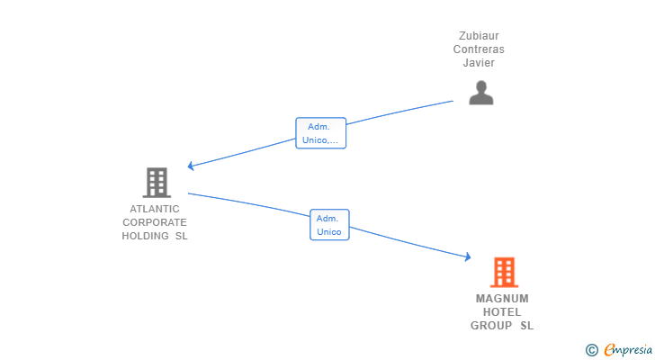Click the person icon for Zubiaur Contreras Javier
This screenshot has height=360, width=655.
click(x=481, y=93)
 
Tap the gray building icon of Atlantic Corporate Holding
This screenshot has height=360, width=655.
click(x=157, y=183)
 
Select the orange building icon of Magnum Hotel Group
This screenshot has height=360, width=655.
click(x=504, y=273)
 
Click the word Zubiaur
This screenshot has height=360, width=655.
click(x=479, y=36)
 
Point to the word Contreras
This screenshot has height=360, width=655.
click(x=479, y=49)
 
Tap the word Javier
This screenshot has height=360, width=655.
click(x=479, y=63)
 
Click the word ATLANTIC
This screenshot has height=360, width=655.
click(x=155, y=209)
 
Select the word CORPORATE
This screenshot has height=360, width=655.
click(x=155, y=222)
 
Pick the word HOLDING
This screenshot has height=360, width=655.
click(x=145, y=236)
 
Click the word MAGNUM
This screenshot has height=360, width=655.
click(x=502, y=299)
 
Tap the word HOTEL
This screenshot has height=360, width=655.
click(x=502, y=312)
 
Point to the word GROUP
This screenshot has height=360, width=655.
click(x=491, y=325)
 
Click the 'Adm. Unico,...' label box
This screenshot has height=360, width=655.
click(x=321, y=133)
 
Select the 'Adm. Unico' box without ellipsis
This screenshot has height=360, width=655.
click(x=329, y=225)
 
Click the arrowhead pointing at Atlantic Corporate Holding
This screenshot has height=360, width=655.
click(x=191, y=166)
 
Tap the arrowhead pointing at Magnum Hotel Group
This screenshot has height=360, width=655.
click(x=468, y=256)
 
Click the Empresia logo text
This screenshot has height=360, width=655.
click(x=628, y=349)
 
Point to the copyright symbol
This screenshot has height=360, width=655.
click(x=591, y=350)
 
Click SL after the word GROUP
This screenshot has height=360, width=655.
click(x=526, y=325)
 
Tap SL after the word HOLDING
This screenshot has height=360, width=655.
click(x=182, y=236)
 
